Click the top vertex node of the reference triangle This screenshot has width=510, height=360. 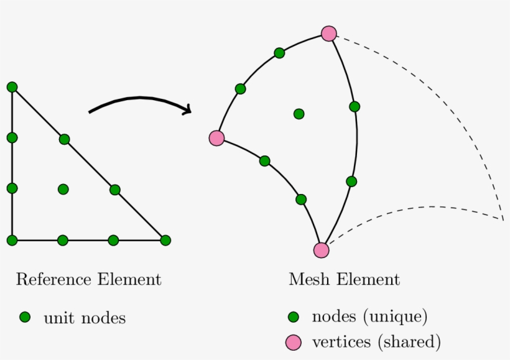tap(12, 87)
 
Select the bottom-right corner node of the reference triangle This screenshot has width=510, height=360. tap(165, 240)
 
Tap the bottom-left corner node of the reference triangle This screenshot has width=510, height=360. tap(12, 240)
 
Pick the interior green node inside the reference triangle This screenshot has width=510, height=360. tap(63, 189)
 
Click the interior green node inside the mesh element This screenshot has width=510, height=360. tap(299, 114)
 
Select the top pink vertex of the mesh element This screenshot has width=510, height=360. tap(328, 34)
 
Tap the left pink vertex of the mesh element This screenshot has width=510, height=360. tap(216, 138)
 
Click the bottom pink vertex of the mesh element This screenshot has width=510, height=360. tap(321, 250)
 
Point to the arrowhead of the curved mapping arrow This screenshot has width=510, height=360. tap(187, 111)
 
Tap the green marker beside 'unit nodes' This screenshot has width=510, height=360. tap(25, 318)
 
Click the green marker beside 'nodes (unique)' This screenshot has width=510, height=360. tap(294, 317)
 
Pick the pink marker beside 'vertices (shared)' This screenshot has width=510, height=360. tap(293, 341)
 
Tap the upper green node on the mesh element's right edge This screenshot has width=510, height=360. tap(355, 106)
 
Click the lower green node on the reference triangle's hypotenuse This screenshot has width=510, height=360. tap(114, 190)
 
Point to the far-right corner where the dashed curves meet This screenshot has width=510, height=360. tap(503, 219)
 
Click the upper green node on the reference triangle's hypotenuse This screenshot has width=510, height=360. tap(64, 139)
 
